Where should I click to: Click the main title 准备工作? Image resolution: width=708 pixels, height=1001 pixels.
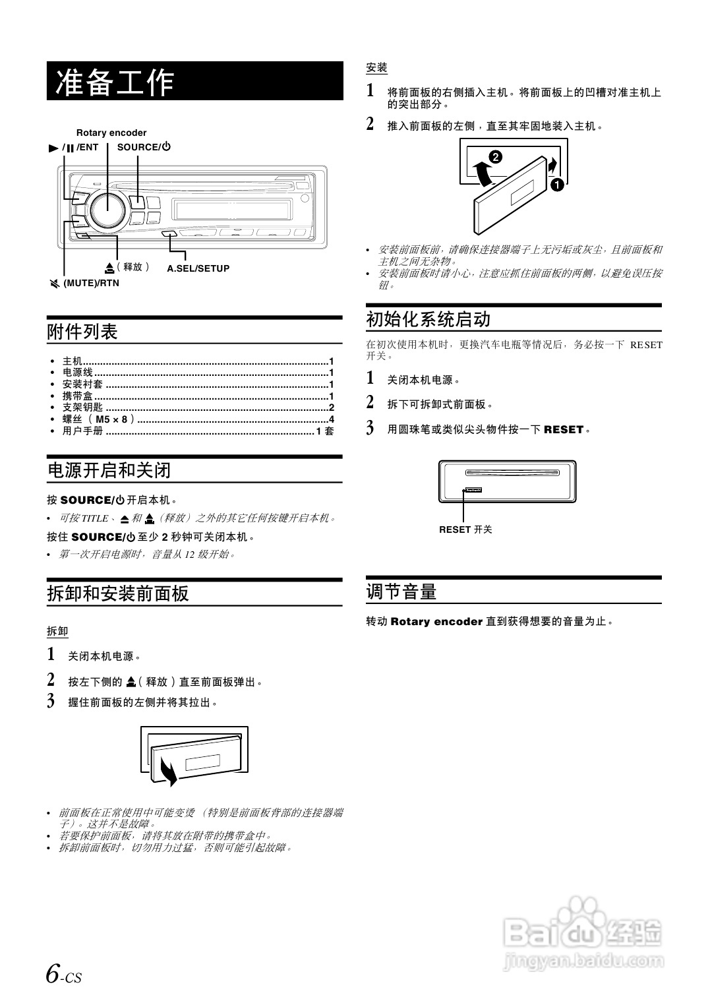tap(115, 82)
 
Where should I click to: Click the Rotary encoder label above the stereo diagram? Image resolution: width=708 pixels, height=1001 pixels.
tap(111, 133)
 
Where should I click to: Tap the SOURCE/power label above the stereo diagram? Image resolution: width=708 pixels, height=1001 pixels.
tap(144, 147)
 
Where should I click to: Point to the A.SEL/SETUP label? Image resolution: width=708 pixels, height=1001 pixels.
tap(198, 268)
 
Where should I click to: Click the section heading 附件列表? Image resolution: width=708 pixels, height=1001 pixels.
tap(82, 332)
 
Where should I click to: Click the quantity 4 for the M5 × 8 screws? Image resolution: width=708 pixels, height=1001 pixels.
tap(332, 419)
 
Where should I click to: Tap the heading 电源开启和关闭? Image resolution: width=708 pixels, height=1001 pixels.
tap(109, 470)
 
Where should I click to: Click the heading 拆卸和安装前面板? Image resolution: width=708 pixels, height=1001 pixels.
tap(118, 593)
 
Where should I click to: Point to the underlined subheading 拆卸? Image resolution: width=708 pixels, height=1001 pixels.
tap(57, 631)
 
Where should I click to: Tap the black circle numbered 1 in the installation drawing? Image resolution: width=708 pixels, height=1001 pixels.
tap(557, 185)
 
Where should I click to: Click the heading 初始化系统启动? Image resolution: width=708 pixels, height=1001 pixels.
tap(428, 320)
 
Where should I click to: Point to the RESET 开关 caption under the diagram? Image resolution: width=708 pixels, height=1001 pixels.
tap(465, 529)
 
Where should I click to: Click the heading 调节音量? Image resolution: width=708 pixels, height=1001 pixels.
tap(401, 591)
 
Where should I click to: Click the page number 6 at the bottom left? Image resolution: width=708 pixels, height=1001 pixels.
tap(53, 973)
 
